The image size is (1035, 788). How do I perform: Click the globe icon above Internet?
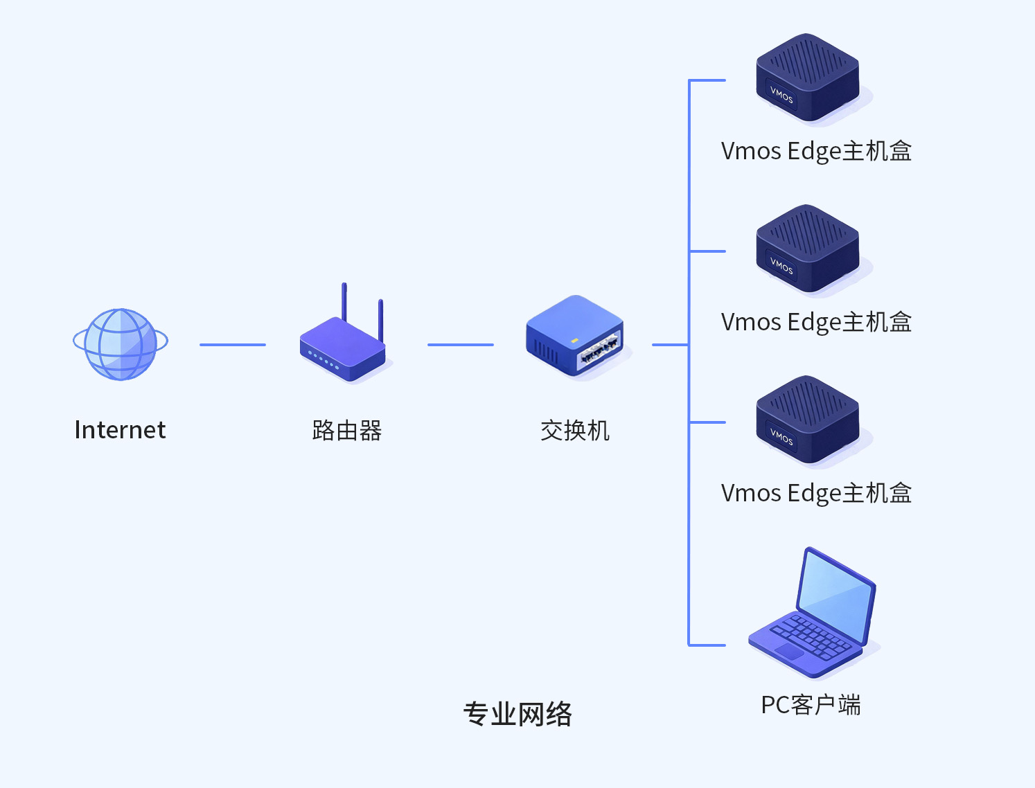(121, 344)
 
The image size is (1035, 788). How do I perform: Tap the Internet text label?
(120, 430)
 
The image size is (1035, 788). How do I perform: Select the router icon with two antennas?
(343, 346)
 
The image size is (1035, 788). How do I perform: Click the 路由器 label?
(346, 431)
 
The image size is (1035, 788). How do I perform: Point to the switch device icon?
(575, 337)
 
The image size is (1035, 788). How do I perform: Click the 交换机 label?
(574, 431)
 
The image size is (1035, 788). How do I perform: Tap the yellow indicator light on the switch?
(574, 341)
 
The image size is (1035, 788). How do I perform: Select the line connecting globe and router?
(232, 344)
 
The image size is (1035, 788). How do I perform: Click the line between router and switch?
(460, 344)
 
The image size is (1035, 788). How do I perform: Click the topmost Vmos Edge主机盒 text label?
(816, 151)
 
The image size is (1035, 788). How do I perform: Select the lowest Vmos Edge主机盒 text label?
(816, 493)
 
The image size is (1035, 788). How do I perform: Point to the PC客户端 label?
(811, 705)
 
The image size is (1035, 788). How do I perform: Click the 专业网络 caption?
(517, 714)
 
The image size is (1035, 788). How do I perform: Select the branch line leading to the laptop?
(707, 645)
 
